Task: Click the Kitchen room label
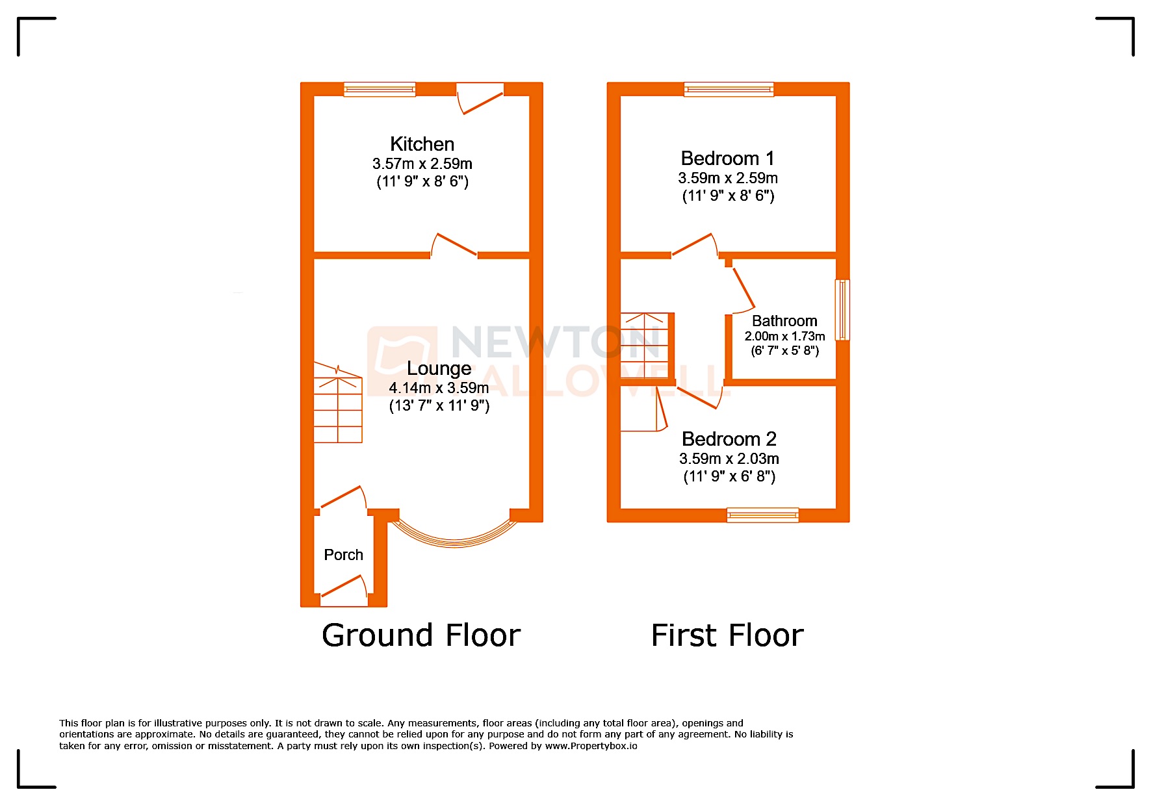tap(422, 144)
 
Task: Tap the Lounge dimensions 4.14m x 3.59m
tap(439, 388)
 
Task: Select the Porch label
tap(343, 555)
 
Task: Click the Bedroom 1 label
tap(727, 159)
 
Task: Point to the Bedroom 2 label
tap(729, 439)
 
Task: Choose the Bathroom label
tap(784, 321)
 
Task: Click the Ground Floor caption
tap(421, 635)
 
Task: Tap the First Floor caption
tap(727, 635)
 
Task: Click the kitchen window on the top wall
tap(380, 89)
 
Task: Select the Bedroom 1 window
tap(729, 89)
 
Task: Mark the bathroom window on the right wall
tap(842, 310)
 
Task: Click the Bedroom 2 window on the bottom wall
tap(762, 515)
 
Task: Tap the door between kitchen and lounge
tap(454, 246)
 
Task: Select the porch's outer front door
tap(344, 588)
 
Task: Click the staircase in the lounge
tap(338, 403)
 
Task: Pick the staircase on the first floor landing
tap(645, 346)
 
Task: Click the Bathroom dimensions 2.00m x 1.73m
tap(784, 337)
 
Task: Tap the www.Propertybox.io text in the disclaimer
tap(591, 746)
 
